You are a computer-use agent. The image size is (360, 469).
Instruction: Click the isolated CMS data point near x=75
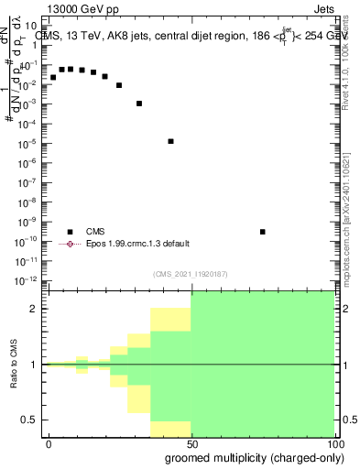pos(262,232)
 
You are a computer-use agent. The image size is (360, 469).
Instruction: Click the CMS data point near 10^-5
pos(171,141)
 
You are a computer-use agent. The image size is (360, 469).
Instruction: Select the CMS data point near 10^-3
pos(139,104)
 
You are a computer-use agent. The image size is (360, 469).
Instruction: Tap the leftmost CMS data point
pos(53,77)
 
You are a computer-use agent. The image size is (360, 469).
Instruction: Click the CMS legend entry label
pos(95,232)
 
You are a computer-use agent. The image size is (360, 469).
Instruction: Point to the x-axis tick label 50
pos(191,443)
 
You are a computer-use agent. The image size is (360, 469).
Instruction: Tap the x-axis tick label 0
pos(49,443)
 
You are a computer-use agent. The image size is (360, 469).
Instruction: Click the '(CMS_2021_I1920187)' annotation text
pos(191,273)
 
